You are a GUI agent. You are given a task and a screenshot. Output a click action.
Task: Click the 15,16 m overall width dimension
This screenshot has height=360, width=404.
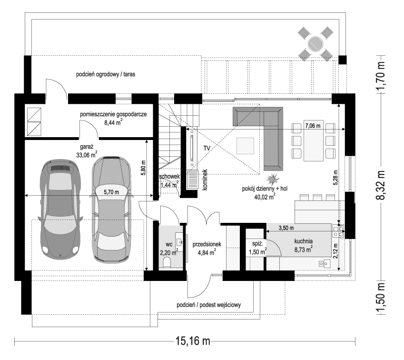[x=193, y=341]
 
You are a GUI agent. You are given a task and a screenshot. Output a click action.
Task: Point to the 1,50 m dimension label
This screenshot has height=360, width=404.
[x=381, y=299]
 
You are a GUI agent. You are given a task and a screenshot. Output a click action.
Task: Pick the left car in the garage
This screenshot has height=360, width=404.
[x=61, y=209]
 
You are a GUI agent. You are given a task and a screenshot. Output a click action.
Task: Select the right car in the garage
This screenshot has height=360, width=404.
[x=111, y=209]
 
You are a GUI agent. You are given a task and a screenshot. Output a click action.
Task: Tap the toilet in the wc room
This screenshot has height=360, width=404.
[x=167, y=263]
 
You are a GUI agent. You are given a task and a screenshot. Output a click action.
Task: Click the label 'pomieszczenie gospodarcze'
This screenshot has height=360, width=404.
[x=113, y=114]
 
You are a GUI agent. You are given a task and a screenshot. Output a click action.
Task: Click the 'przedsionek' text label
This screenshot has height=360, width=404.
[x=205, y=243]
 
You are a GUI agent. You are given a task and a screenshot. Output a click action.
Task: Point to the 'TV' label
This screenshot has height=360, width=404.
[x=207, y=148]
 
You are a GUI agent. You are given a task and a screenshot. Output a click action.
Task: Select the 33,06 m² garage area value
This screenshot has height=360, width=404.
[x=87, y=154]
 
